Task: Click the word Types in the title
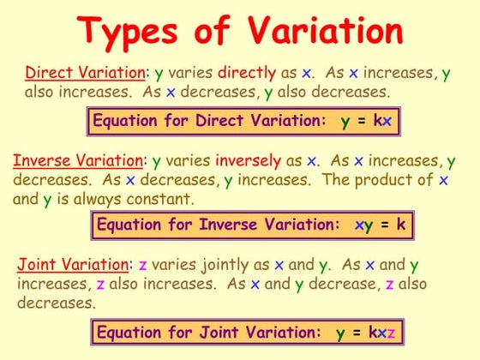[141, 32]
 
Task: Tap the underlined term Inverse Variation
[78, 160]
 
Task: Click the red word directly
[247, 72]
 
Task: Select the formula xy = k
[380, 226]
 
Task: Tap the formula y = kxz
[366, 332]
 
